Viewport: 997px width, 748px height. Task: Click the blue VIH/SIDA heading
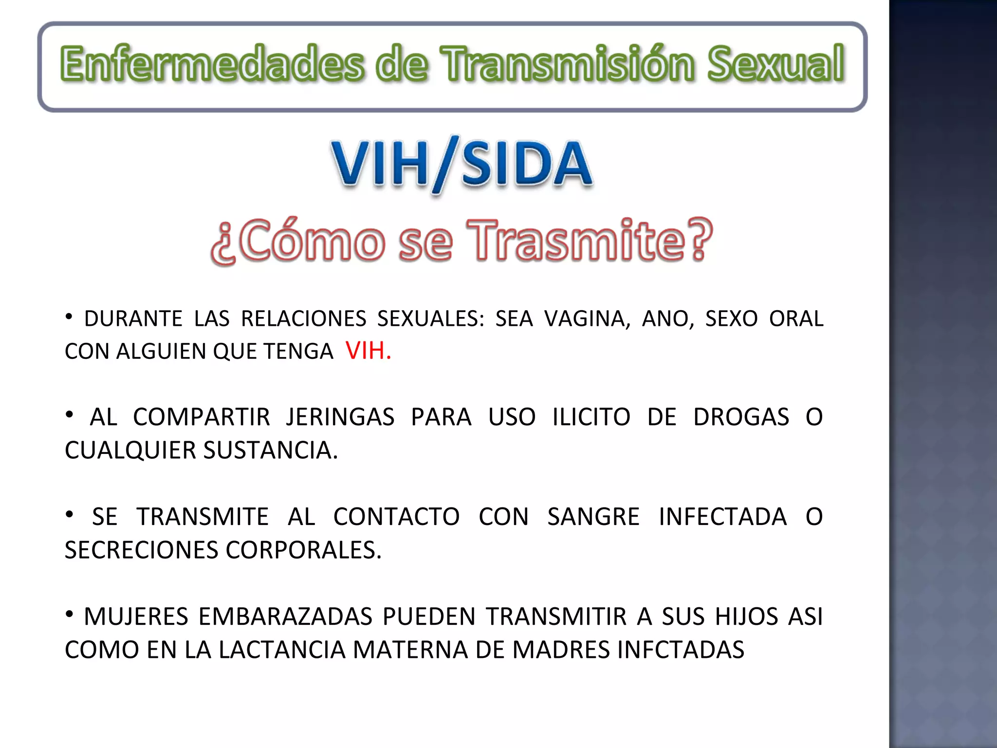coord(462,164)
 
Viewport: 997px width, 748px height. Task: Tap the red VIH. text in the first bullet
coord(368,351)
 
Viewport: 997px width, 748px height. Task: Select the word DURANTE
coord(133,319)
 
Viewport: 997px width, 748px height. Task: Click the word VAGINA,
coord(587,319)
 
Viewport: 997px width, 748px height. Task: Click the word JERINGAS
coord(340,417)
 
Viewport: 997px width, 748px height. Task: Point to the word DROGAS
coord(741,417)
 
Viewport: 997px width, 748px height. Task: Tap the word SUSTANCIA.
coord(270,450)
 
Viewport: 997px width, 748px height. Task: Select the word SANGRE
coord(593,517)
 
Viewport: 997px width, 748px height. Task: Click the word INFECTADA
coord(722,517)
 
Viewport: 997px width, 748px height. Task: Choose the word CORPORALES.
coord(303,550)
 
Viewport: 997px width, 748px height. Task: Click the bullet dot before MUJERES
coord(70,614)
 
